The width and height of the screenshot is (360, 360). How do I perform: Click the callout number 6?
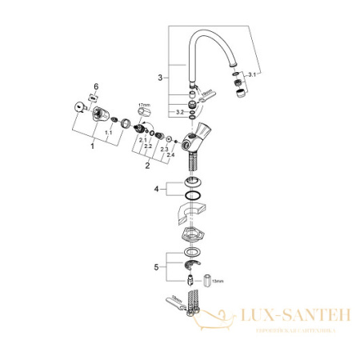(97, 86)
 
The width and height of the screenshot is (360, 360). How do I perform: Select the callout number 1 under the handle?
(93, 146)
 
